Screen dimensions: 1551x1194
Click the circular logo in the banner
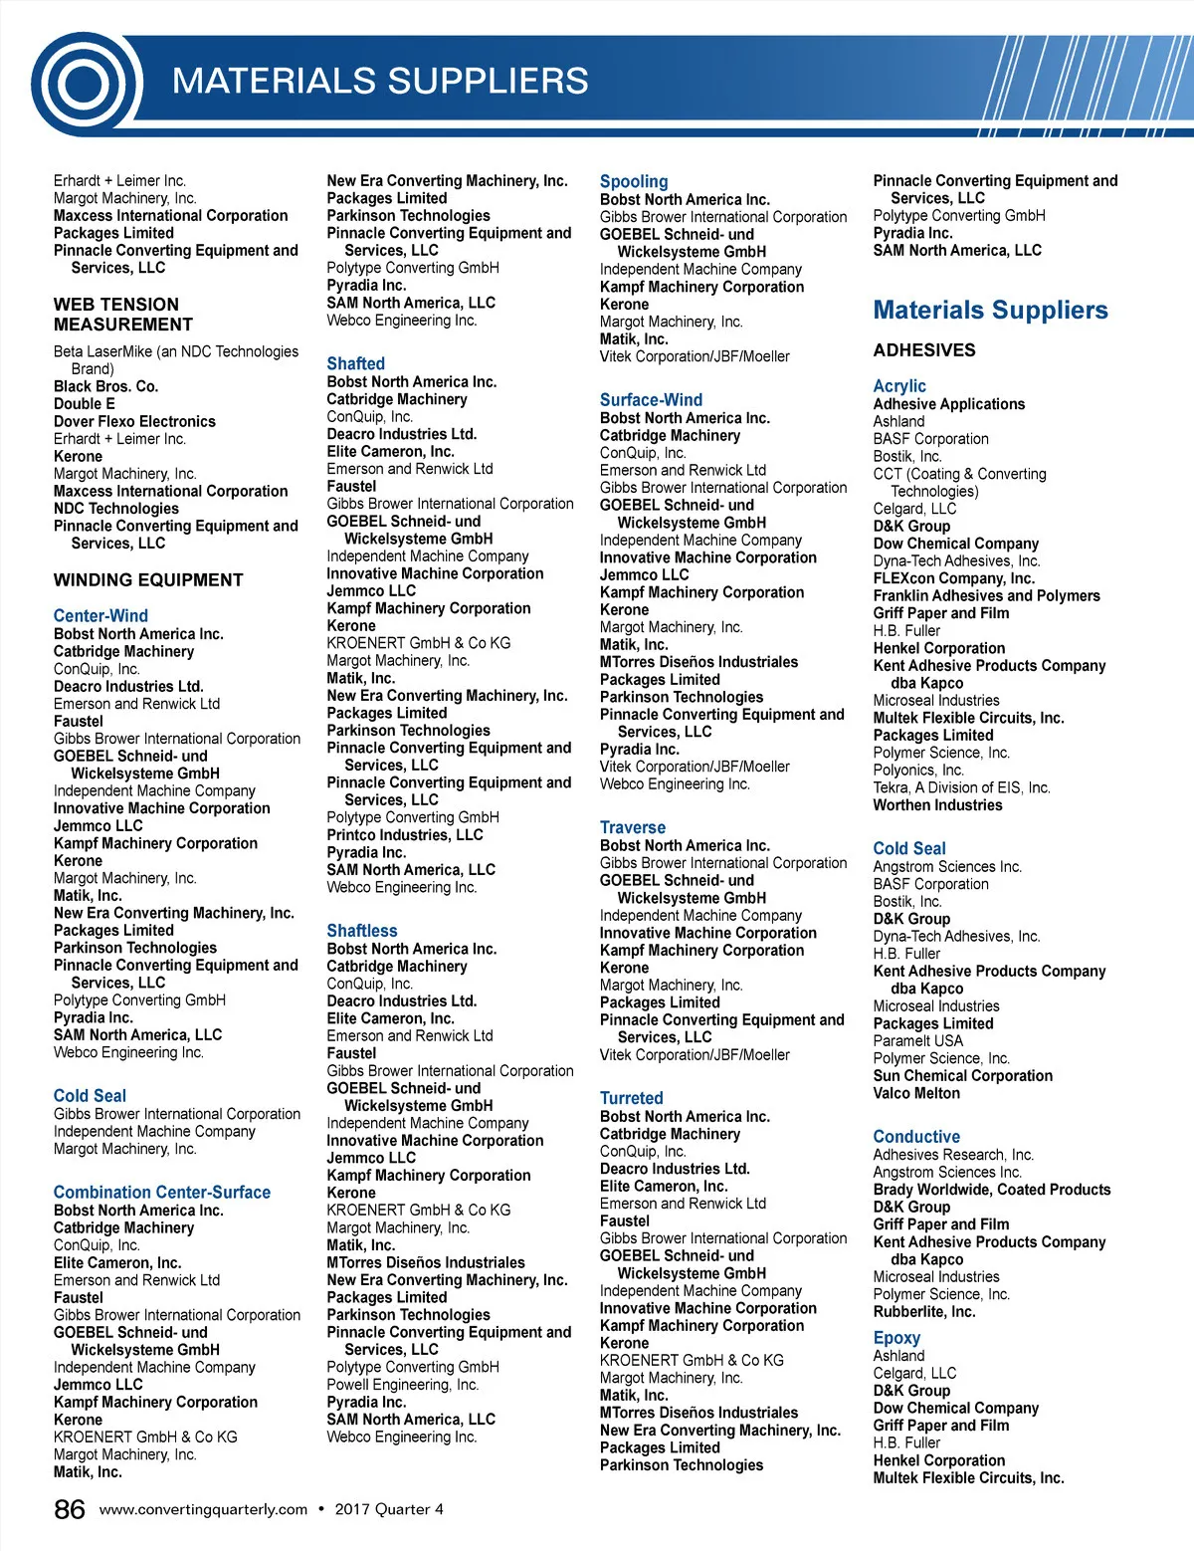86,84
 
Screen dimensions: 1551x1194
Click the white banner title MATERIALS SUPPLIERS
380,81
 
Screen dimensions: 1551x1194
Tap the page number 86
70,1509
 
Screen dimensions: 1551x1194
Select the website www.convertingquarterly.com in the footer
203,1509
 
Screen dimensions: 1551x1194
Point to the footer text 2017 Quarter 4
389,1509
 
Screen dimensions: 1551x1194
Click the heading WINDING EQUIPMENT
148,580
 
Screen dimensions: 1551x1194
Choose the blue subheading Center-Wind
100,616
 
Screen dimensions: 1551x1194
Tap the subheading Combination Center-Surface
162,1193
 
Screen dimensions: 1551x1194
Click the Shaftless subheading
362,931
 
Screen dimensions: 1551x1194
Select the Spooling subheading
634,182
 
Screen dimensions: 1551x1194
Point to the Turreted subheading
631,1098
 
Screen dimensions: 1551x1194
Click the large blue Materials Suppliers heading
990,311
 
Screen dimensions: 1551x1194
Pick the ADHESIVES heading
924,350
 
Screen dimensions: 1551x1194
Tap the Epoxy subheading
896,1338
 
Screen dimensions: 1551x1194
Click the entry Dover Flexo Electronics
134,421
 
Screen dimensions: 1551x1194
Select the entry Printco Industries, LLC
405,835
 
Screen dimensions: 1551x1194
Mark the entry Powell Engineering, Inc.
403,1385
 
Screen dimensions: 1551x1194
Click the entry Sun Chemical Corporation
962,1076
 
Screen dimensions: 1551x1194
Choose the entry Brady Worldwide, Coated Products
992,1190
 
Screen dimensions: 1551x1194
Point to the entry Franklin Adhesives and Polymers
986,596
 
